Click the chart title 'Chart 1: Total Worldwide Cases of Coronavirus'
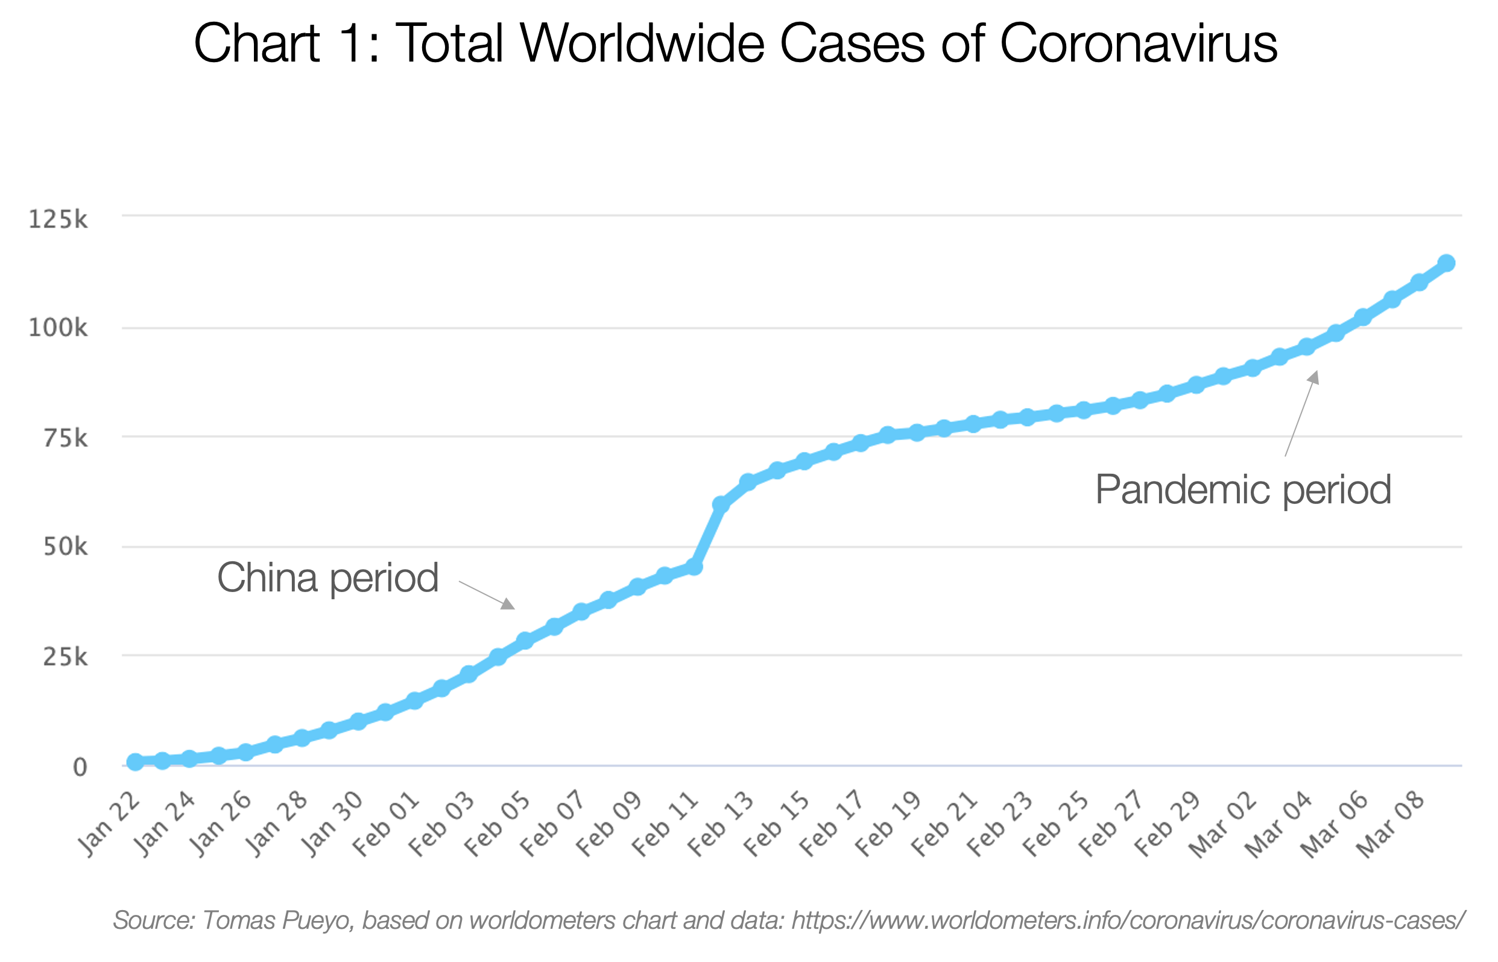[x=735, y=43]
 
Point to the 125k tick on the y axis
[x=58, y=220]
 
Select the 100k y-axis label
[x=58, y=328]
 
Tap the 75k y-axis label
[x=65, y=439]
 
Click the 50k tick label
[x=65, y=547]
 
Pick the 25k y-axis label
[x=65, y=657]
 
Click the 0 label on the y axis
[x=80, y=767]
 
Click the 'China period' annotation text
[x=327, y=578]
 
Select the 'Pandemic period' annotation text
[x=1243, y=489]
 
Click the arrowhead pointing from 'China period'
[x=509, y=604]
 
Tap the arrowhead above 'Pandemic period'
[x=1314, y=377]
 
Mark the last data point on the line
[x=1446, y=263]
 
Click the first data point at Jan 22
[x=135, y=762]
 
